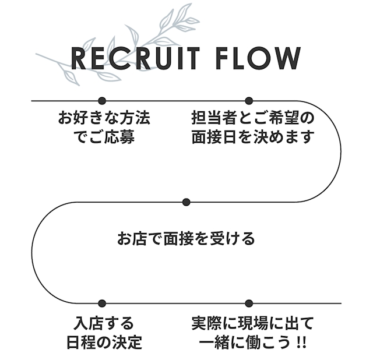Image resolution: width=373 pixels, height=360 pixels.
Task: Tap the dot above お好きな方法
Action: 102,101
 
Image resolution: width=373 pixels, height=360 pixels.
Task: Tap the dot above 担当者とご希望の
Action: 249,101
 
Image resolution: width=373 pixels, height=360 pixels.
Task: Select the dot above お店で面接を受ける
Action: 186,202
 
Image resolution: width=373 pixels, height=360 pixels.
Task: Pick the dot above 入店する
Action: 102,303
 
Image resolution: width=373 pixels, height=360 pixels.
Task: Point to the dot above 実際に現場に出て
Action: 249,303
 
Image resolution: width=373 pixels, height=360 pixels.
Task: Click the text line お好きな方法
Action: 104,118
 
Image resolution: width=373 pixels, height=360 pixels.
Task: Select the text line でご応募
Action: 103,138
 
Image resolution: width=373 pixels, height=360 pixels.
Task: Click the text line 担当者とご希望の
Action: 253,118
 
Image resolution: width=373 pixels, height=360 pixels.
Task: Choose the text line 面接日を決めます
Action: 253,138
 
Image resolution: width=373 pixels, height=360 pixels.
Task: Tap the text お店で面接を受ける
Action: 186,238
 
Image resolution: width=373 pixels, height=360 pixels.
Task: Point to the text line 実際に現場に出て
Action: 253,322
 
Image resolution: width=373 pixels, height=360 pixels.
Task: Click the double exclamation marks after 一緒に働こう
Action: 301,342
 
